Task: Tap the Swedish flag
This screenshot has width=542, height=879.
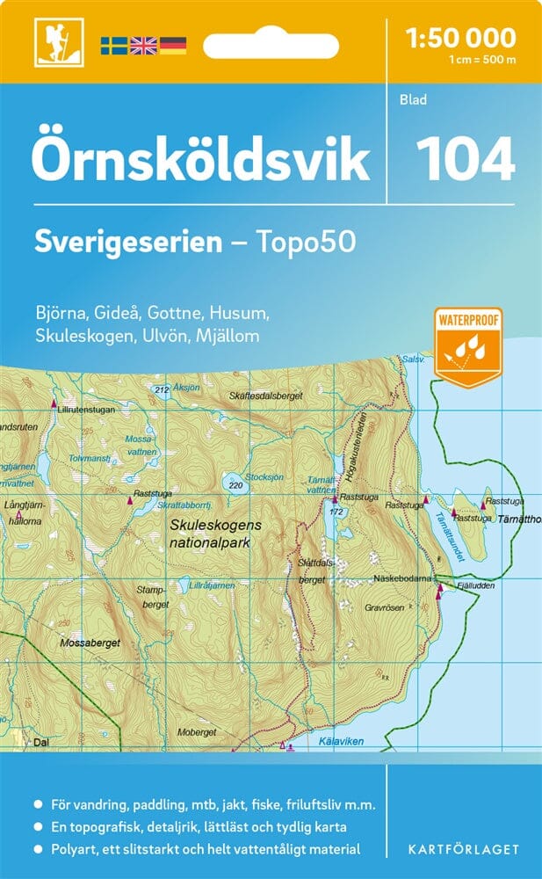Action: pyautogui.click(x=113, y=44)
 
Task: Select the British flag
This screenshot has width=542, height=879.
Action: pyautogui.click(x=142, y=44)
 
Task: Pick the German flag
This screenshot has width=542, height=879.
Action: pyautogui.click(x=172, y=44)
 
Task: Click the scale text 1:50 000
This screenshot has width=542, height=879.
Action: pyautogui.click(x=460, y=38)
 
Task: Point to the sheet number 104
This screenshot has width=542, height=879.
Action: pyautogui.click(x=464, y=160)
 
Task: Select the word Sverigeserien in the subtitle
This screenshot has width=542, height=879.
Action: pyautogui.click(x=128, y=242)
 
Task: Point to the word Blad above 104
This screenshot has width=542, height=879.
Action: pyautogui.click(x=412, y=99)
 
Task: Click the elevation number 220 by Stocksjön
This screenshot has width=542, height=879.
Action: pyautogui.click(x=234, y=484)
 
